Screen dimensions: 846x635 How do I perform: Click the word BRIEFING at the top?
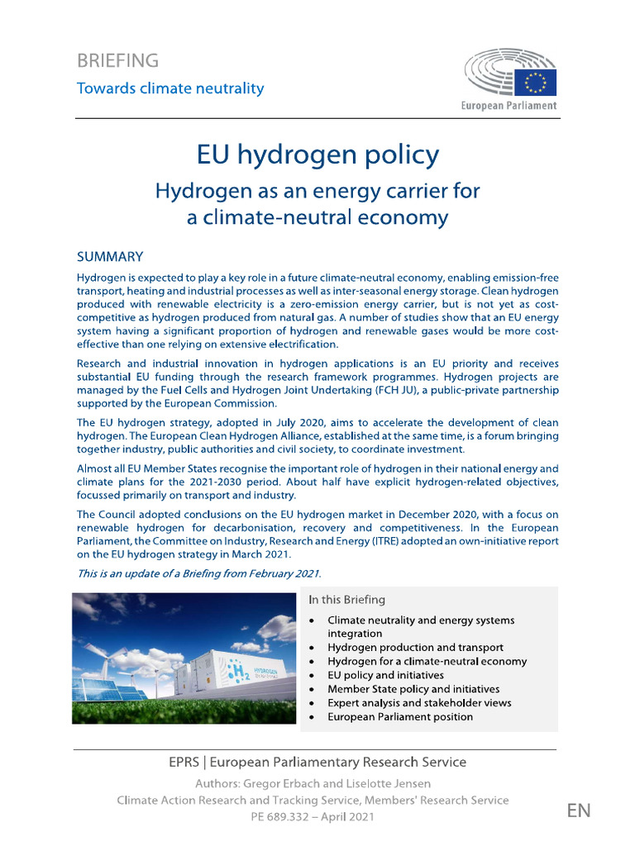[117, 60]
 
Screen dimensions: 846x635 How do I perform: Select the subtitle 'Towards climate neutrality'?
[170, 88]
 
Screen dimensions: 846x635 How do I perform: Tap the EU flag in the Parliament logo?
[537, 82]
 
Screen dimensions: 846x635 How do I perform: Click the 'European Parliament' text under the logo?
[508, 106]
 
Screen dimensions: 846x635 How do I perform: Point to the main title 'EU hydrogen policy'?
[317, 154]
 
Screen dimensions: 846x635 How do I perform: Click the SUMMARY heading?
[110, 257]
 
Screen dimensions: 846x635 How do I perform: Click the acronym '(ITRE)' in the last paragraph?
[445, 541]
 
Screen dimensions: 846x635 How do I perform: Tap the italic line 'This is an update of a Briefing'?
[198, 573]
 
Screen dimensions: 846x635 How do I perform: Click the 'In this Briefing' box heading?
[346, 599]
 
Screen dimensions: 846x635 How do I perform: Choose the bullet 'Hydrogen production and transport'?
[415, 648]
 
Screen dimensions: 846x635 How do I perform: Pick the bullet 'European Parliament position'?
[400, 716]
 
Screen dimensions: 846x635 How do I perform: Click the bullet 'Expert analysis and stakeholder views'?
[419, 702]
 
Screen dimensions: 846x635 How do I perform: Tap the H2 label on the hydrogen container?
[218, 674]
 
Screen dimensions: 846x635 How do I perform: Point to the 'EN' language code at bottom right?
[579, 810]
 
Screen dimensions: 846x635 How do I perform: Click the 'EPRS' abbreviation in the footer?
[184, 762]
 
